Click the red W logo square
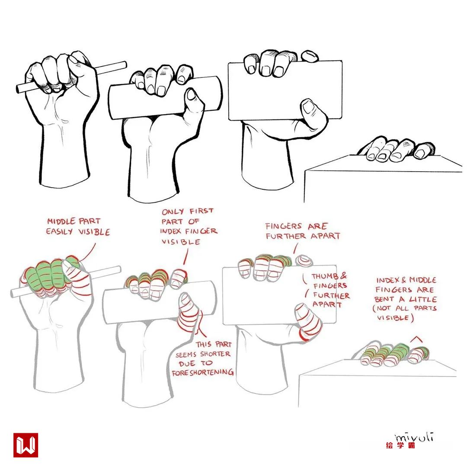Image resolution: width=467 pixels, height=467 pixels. (x=26, y=445)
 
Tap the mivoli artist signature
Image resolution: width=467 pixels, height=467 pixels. (x=414, y=438)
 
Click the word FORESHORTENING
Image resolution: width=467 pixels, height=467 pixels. (x=203, y=372)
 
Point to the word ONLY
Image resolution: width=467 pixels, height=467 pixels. (x=173, y=212)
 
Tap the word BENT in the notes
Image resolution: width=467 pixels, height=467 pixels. (x=384, y=299)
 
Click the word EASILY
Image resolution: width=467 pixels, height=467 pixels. (x=59, y=231)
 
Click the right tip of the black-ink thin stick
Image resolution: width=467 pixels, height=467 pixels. (x=125, y=64)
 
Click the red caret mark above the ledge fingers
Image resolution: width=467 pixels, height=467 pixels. (x=416, y=339)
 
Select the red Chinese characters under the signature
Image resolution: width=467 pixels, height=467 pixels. (x=400, y=445)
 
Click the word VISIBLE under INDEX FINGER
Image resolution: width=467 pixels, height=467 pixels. (x=181, y=242)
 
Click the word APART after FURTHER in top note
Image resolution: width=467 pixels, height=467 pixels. (x=326, y=236)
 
